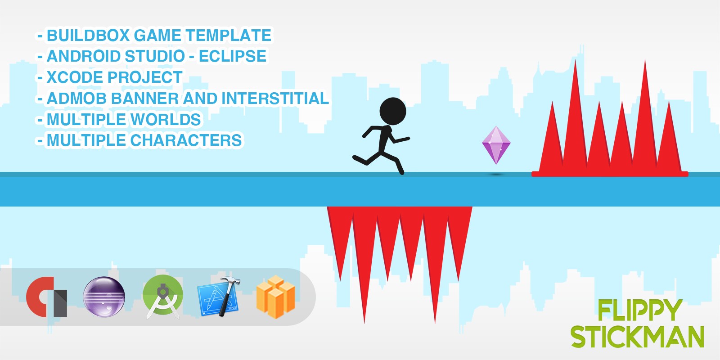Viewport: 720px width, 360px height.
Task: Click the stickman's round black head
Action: point(392,111)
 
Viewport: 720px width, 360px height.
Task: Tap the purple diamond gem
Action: point(496,145)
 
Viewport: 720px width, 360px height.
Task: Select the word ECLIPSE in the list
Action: point(232,56)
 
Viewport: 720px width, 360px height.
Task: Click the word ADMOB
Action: point(76,99)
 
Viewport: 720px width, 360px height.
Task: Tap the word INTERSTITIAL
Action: point(275,99)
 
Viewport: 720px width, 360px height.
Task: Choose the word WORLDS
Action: point(166,119)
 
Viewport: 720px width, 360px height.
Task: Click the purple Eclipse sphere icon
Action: point(104,297)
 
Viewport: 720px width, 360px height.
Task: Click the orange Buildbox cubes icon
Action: point(276,297)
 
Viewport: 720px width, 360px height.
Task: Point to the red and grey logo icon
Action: point(47,297)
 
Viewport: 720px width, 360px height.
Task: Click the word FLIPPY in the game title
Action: point(639,310)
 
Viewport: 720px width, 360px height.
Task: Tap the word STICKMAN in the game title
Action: point(637,337)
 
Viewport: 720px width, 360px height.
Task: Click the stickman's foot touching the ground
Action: point(401,172)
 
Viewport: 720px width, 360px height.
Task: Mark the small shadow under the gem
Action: point(496,175)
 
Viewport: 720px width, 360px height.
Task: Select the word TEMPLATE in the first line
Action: point(228,36)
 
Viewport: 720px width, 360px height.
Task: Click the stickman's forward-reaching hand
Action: point(407,139)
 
